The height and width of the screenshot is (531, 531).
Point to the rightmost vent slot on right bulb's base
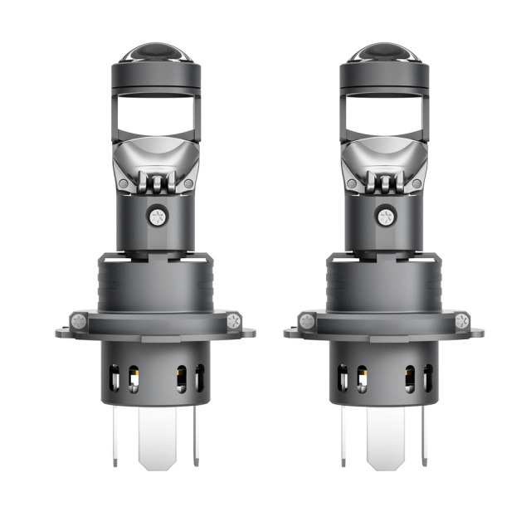(427, 378)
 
